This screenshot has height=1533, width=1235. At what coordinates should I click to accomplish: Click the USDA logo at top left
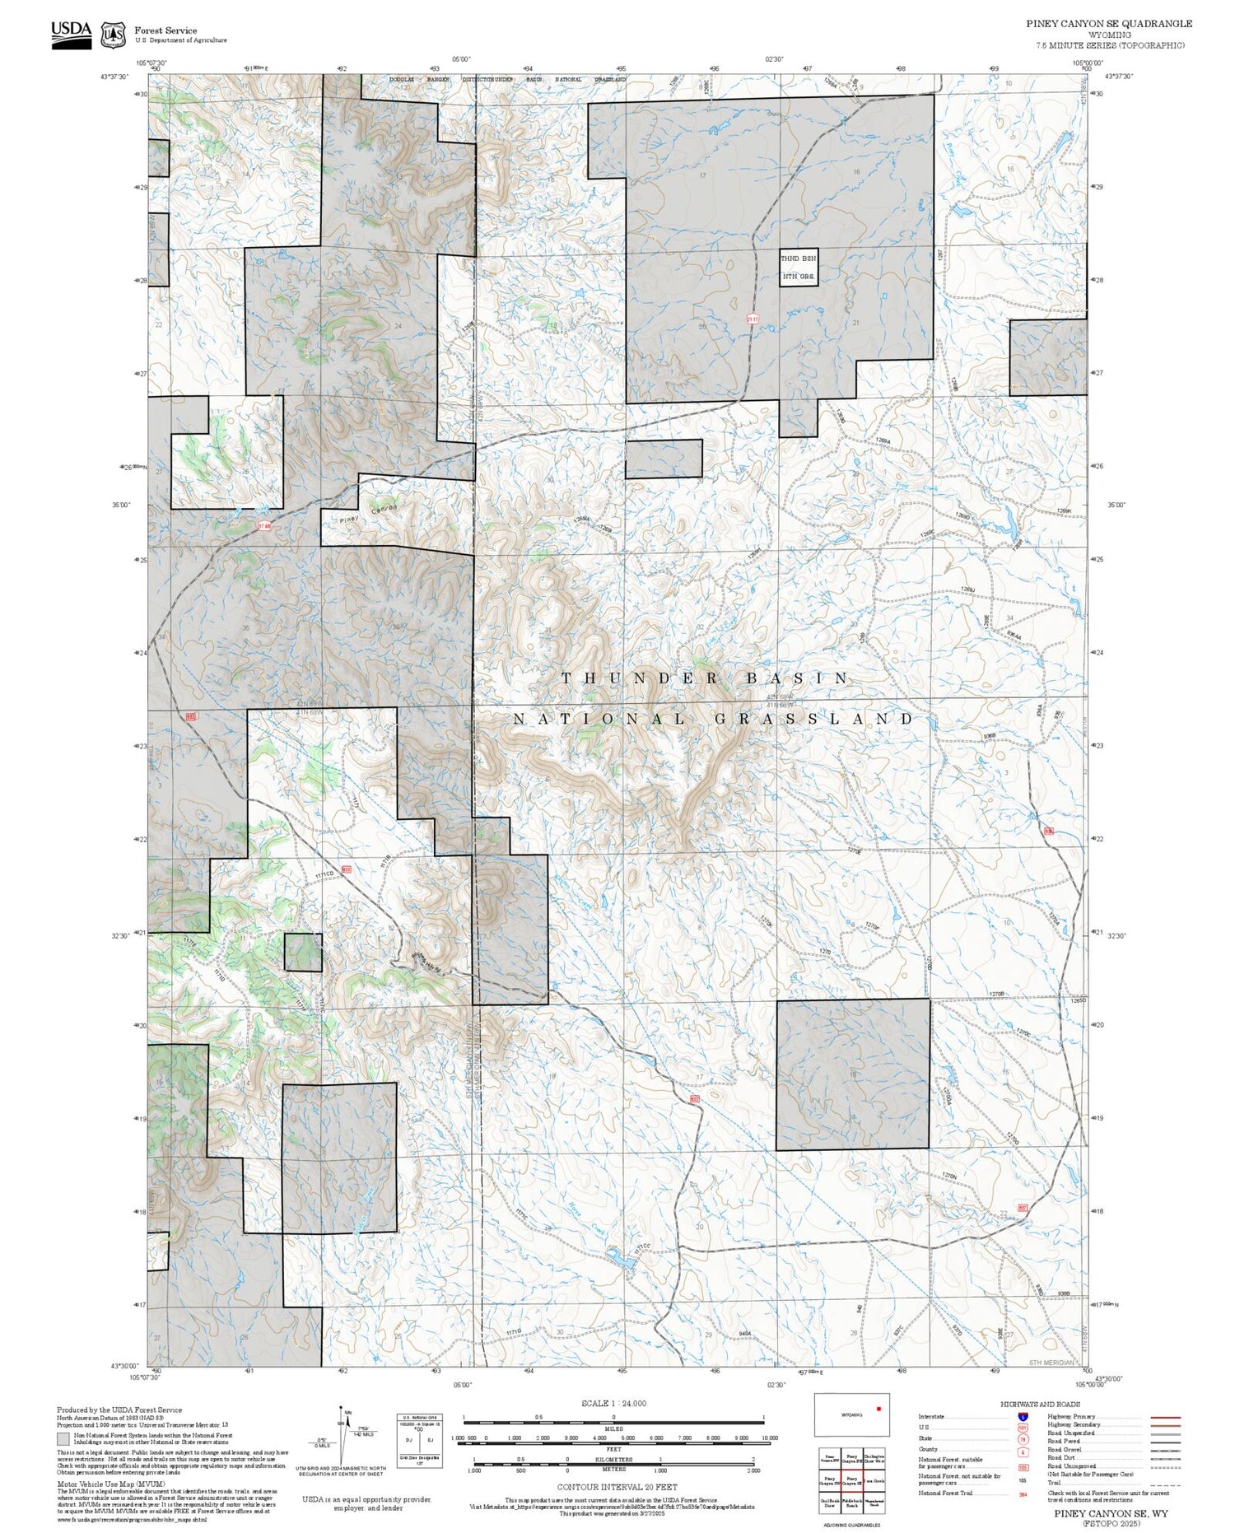[x=71, y=34]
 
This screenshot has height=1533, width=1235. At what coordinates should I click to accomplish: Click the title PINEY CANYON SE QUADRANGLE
[x=1108, y=23]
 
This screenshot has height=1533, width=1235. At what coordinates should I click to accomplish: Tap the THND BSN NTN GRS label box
[x=799, y=267]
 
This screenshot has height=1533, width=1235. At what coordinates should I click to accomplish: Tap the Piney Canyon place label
[x=368, y=514]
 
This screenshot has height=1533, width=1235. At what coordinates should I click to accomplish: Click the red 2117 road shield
[x=752, y=319]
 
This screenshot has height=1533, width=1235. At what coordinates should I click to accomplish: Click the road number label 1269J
[x=967, y=589]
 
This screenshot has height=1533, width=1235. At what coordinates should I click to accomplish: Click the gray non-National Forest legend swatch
[x=63, y=1438]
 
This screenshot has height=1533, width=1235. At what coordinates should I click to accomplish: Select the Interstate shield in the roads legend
[x=1023, y=1416]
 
